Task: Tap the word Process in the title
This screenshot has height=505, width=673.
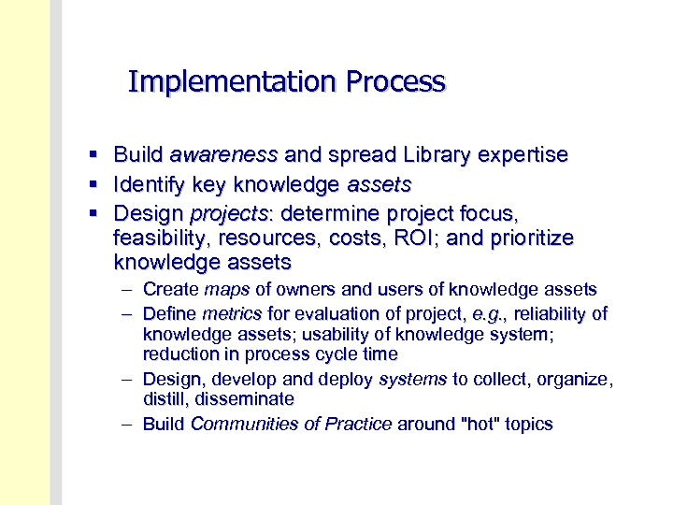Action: point(395,82)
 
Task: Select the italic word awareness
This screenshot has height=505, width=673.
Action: point(223,154)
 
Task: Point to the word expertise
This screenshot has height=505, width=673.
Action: point(524,154)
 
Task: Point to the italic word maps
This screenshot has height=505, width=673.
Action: point(227,290)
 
